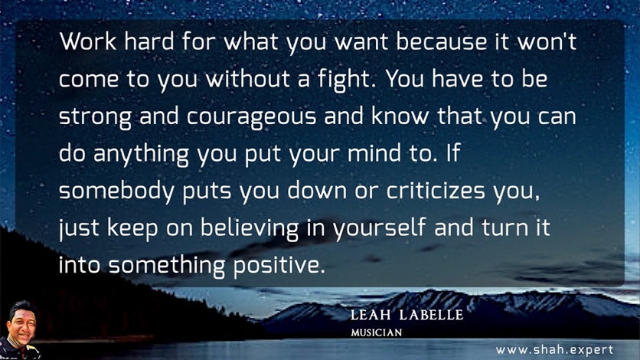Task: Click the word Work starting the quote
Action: (88, 41)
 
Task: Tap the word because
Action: (441, 41)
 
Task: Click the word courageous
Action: (251, 117)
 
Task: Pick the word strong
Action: (95, 117)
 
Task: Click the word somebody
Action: (116, 191)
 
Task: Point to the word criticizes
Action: (436, 191)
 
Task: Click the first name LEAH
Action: (371, 315)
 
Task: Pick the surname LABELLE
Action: (432, 315)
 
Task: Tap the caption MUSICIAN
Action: (377, 332)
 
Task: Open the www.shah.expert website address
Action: (555, 350)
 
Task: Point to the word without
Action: (248, 79)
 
